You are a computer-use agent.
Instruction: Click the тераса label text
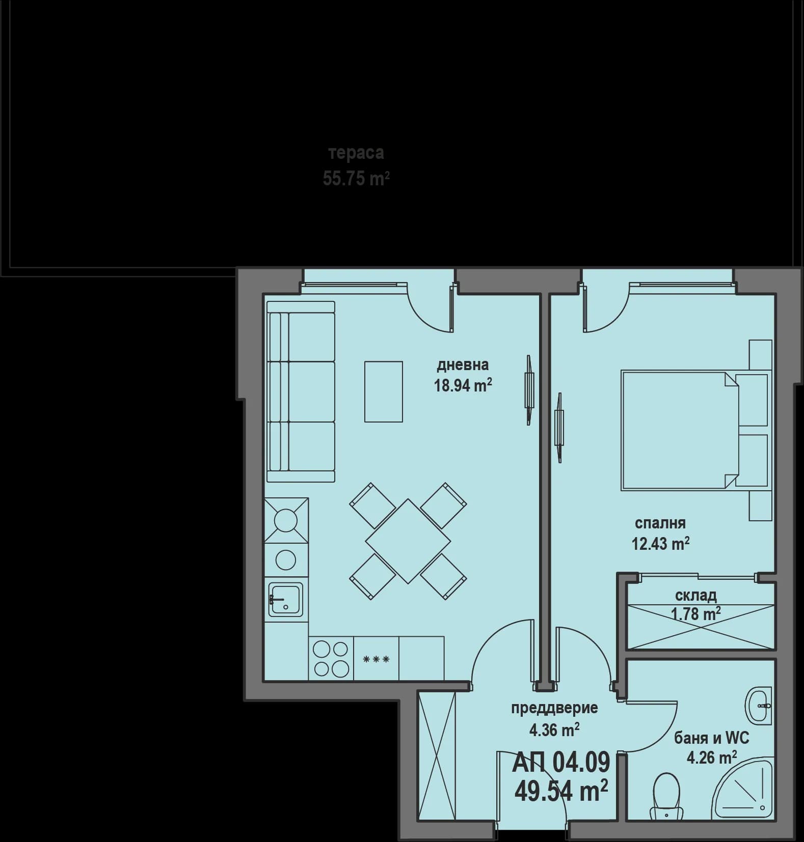356,153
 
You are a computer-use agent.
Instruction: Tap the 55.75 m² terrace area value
356,179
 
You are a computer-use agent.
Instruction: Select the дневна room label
462,364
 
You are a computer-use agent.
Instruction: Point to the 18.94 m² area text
462,385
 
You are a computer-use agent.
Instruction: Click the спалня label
660,523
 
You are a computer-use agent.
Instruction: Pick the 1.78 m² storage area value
695,614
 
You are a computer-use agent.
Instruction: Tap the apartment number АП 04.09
560,762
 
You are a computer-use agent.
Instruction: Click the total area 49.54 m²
560,791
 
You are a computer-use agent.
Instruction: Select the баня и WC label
711,738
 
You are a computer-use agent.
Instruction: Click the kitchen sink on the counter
285,600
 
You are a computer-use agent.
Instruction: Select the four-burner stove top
331,658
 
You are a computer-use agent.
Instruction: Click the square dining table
408,541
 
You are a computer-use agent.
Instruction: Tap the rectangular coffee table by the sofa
383,391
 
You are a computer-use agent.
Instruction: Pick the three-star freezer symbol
376,659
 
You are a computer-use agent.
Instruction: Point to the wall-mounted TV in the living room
529,390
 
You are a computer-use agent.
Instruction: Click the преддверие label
554,708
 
